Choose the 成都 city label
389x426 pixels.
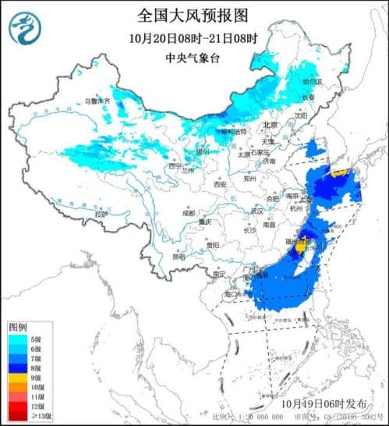(189, 211)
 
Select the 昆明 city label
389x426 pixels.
(180, 255)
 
